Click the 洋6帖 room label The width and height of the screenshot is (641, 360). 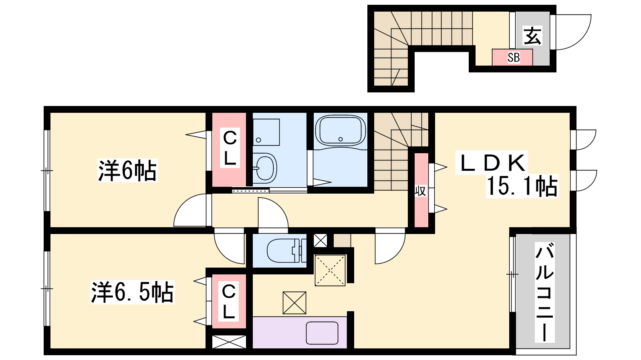coord(128,170)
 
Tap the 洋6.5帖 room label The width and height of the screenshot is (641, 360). coord(132,292)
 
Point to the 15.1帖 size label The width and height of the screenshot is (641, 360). coord(522,186)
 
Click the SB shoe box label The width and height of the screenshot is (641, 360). coord(514,58)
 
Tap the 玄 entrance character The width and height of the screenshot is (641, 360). coord(532,36)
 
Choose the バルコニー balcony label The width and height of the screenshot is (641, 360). coord(544,292)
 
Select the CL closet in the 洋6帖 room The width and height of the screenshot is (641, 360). coord(230,148)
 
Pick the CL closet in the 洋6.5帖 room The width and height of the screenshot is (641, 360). coord(229,302)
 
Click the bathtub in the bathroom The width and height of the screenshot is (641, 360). coord(340,131)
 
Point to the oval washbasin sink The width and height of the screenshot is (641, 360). coord(264,168)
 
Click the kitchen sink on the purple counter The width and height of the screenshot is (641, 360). coord(322,333)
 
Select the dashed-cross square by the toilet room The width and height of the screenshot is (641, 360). coord(330,270)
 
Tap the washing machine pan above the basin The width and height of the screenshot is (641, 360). coord(266,132)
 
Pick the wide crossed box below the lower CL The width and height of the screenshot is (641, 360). coord(229,342)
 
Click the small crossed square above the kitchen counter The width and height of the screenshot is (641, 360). coord(294,303)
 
